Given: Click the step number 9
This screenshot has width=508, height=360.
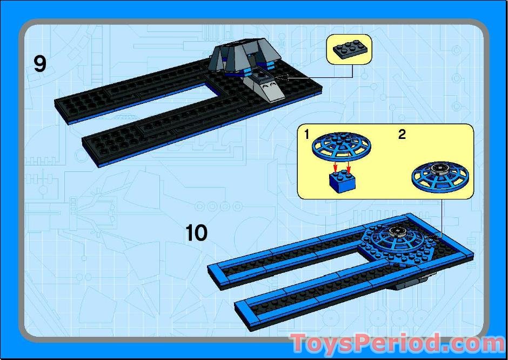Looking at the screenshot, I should [x=40, y=64].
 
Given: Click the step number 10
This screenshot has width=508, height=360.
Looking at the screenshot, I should [x=196, y=234].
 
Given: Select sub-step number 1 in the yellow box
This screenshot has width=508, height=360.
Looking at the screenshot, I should [x=307, y=135].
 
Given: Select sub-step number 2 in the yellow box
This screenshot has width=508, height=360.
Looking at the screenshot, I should [x=402, y=135].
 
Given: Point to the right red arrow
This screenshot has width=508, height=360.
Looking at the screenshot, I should [x=349, y=164].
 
